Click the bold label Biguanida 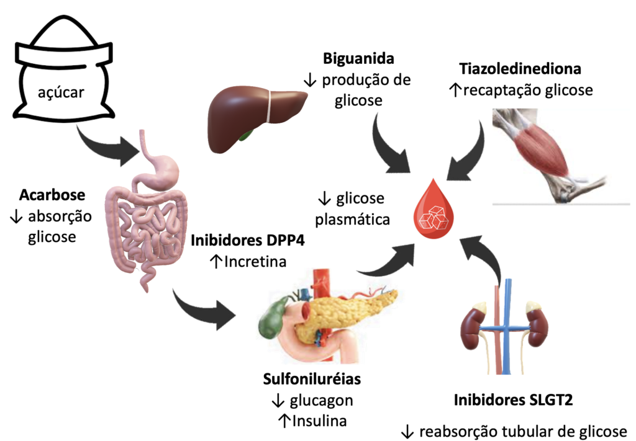pyautogui.click(x=359, y=60)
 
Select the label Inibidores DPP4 pyautogui.click(x=248, y=241)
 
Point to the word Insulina pyautogui.click(x=319, y=421)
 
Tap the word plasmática pyautogui.click(x=353, y=220)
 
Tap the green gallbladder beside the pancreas pyautogui.click(x=272, y=318)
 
